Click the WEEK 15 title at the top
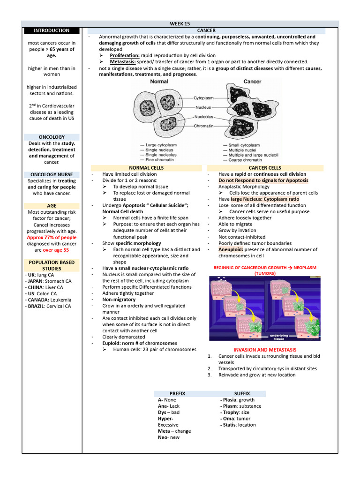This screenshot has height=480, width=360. coord(180,24)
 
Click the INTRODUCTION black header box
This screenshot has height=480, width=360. coord(52,30)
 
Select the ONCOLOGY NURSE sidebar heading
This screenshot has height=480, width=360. coord(52,174)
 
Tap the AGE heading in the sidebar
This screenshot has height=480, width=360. coord(52,206)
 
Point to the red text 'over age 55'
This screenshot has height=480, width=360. coord(56,250)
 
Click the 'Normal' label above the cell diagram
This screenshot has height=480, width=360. coord(159,82)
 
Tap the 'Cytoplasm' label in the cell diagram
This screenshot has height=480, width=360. coord(204,98)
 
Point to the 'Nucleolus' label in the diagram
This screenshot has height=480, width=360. coord(204,117)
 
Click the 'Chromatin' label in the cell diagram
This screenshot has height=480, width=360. coord(204,126)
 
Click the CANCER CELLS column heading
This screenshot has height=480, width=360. coord(265,168)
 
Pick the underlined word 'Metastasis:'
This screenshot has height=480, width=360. coord(123,62)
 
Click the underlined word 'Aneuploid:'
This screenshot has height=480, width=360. coord(231,250)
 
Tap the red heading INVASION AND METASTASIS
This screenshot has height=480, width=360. coord(265,350)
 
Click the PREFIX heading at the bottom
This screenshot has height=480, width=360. coord(177,393)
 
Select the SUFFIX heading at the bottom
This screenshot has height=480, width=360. coord(242,393)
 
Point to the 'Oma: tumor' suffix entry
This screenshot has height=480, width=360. coord(237,419)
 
